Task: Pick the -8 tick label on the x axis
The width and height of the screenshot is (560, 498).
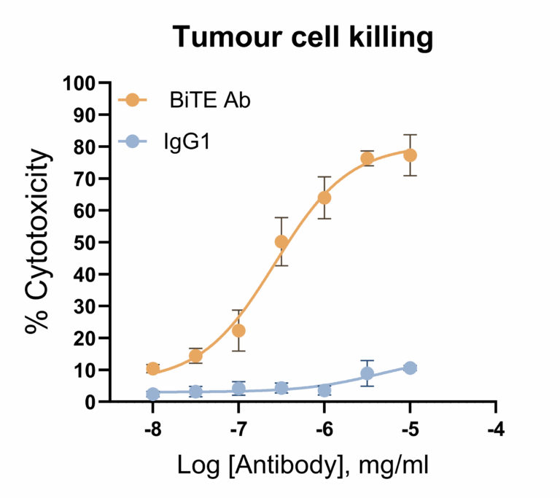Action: pos(152,427)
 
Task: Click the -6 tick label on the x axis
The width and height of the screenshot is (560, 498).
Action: pos(324,427)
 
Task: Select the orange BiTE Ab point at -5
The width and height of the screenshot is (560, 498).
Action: pos(410,155)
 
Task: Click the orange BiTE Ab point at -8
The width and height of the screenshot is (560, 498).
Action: pos(153,369)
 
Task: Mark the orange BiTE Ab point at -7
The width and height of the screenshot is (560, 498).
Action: pos(238,331)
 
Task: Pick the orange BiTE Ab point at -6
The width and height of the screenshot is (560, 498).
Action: pos(324,198)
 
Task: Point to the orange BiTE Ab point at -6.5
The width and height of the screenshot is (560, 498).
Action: pos(281,242)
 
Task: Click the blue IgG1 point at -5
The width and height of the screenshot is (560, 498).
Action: pos(410,368)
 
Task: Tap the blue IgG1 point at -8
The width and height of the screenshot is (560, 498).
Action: pos(153,394)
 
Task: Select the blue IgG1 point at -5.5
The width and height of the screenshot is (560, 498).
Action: pos(367,373)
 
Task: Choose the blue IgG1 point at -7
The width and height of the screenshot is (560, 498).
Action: pos(238,389)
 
